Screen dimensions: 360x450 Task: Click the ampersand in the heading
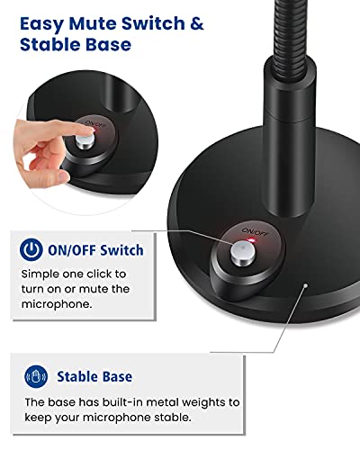196,23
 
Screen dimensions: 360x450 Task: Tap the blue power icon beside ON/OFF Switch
31,249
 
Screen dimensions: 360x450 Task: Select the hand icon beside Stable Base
36,376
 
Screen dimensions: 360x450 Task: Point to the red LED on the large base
250,240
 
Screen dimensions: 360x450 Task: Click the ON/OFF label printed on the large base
256,231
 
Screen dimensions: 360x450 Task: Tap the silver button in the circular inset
85,142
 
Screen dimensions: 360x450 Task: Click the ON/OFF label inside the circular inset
95,123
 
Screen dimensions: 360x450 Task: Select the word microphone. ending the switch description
57,304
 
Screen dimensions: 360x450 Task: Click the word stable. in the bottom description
173,418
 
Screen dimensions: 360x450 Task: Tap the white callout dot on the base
305,285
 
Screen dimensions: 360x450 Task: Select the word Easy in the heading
41,24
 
